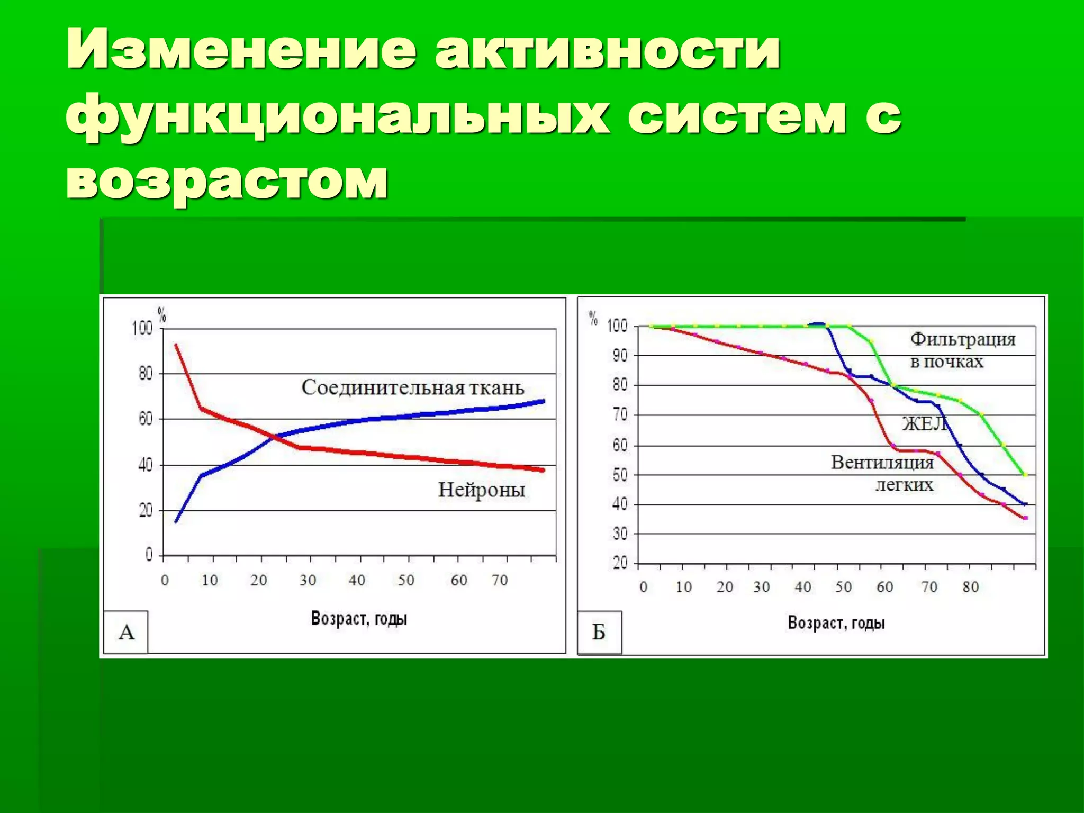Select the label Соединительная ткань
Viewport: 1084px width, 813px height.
click(x=413, y=388)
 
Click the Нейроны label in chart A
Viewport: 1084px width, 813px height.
click(x=481, y=490)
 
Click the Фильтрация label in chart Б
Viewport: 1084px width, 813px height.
click(x=963, y=339)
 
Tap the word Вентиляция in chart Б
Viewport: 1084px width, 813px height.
click(x=882, y=463)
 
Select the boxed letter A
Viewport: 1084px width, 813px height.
click(x=126, y=632)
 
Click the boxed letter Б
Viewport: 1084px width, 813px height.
click(x=599, y=632)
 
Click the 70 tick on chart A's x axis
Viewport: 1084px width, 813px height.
click(x=500, y=581)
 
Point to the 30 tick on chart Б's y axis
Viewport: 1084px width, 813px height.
click(x=620, y=534)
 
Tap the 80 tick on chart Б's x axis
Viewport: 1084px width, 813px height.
click(x=971, y=587)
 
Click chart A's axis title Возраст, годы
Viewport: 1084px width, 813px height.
click(x=359, y=618)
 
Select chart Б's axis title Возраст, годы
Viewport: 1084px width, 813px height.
click(x=836, y=622)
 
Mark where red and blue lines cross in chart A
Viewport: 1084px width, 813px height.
click(x=273, y=437)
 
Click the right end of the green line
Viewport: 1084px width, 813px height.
click(x=1025, y=475)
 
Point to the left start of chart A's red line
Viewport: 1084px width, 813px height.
click(x=176, y=345)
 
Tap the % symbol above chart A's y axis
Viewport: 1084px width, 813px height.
click(x=162, y=316)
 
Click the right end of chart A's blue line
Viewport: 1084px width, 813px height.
click(x=543, y=401)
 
